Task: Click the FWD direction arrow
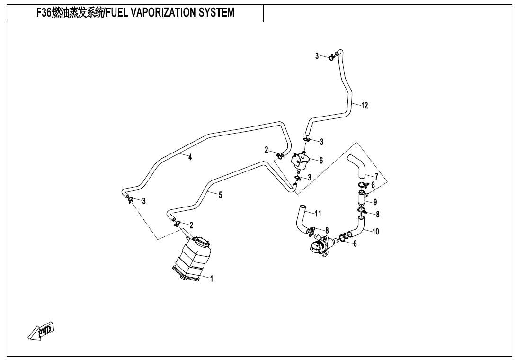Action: tap(41, 331)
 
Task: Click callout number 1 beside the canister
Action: tap(212, 279)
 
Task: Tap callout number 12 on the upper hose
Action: tap(365, 106)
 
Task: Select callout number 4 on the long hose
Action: tap(190, 158)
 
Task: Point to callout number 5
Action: tap(221, 195)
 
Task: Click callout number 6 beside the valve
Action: tap(321, 161)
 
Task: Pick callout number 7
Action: tap(376, 177)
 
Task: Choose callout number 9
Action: tap(375, 202)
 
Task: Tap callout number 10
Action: tap(376, 232)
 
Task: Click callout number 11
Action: tap(318, 214)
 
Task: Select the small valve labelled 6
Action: tap(300, 162)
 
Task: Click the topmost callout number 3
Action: tap(317, 56)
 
